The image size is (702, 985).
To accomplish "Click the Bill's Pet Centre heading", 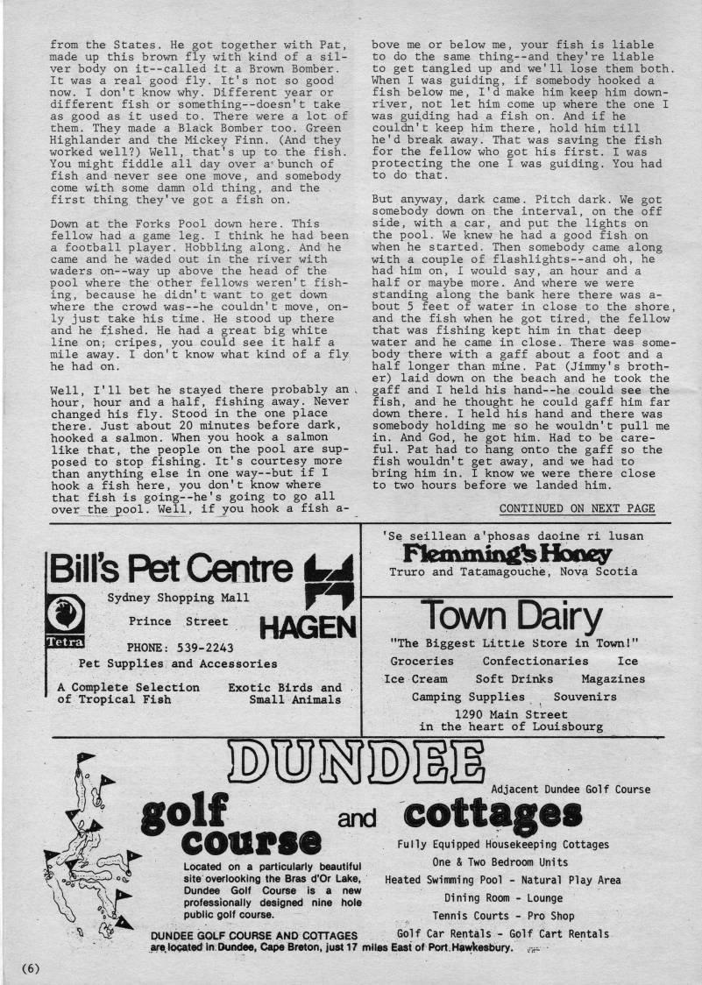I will (x=171, y=570).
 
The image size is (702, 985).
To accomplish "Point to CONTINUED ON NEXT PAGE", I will (x=577, y=508).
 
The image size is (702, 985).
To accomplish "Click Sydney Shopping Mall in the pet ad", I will (x=178, y=598).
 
